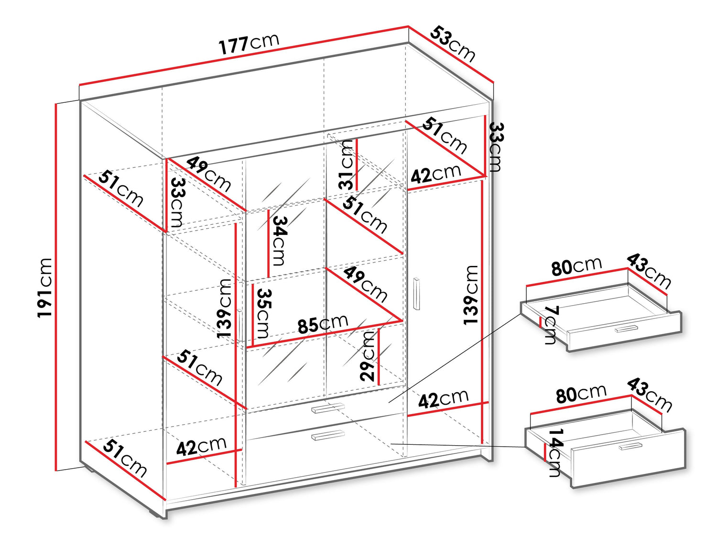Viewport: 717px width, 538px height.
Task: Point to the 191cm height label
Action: (x=45, y=287)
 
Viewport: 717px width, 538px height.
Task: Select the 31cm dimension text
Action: (x=346, y=165)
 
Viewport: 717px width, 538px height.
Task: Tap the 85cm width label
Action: (x=323, y=324)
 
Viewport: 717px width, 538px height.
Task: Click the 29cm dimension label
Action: (x=368, y=356)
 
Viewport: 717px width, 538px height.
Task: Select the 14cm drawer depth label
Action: (x=555, y=452)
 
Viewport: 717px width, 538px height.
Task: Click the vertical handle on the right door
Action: (x=417, y=293)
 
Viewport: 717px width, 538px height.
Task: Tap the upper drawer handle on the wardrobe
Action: (x=328, y=408)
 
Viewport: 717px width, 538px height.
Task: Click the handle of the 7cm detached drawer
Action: (x=626, y=329)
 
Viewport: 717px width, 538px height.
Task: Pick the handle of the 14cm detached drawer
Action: (x=630, y=446)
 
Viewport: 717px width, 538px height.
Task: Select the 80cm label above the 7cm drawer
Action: (x=576, y=267)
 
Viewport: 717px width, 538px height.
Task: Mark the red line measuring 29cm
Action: (x=379, y=356)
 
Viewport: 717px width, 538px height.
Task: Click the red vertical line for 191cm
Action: (x=56, y=287)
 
